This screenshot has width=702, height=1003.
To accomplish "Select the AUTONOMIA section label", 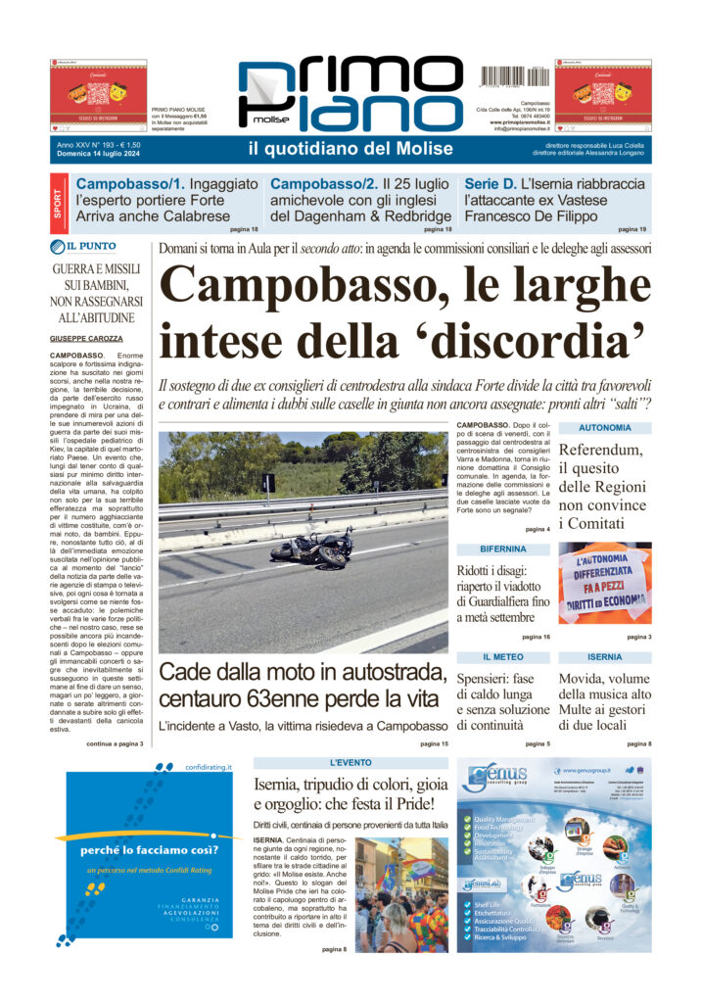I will pos(604,428).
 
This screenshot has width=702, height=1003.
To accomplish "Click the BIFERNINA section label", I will pos(502,549).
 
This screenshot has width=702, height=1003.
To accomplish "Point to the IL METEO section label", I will pos(502,656).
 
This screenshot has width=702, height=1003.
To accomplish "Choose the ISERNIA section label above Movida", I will pos(604,656).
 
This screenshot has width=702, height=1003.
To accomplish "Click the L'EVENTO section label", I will pos(350,762).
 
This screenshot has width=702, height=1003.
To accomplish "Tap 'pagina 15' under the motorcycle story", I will pos(434,744).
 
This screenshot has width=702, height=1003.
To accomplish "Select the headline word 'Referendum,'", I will pos(600,450).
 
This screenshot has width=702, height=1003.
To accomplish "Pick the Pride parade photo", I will pos(401,894).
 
